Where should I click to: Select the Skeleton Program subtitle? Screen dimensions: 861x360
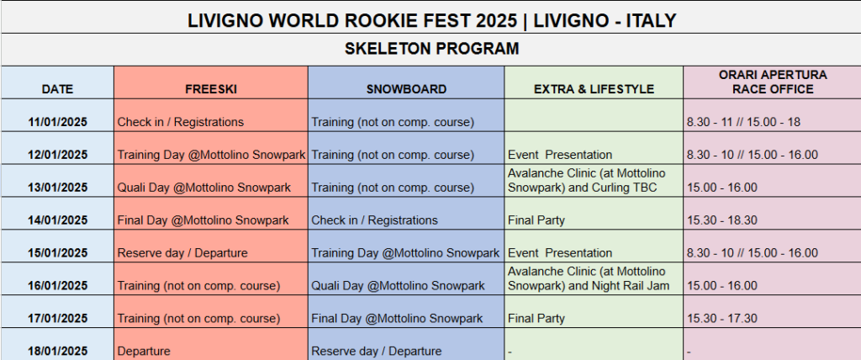click(x=431, y=49)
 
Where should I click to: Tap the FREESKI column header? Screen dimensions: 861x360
click(x=211, y=89)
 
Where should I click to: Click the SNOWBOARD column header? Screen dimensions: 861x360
click(x=406, y=89)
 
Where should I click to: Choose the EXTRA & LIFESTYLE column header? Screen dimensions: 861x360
click(x=594, y=89)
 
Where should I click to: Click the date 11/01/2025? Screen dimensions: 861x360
click(x=58, y=122)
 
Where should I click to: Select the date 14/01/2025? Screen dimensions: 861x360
click(x=58, y=220)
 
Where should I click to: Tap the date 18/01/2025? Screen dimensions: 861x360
click(x=58, y=352)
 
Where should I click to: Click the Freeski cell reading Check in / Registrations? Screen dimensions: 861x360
click(x=180, y=122)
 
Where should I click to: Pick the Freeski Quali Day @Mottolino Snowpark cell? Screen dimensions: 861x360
click(x=203, y=188)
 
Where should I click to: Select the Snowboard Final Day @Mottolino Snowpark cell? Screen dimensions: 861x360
click(x=397, y=318)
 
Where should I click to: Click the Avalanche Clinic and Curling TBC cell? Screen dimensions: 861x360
click(x=586, y=180)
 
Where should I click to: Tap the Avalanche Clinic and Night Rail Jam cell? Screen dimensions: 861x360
click(x=589, y=278)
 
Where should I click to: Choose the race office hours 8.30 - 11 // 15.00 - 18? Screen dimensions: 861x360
click(x=743, y=122)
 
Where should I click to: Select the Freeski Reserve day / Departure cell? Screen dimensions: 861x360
click(x=182, y=253)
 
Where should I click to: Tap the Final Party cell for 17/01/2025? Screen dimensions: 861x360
click(x=536, y=318)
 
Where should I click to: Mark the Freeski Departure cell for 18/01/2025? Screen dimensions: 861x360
click(x=144, y=352)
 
